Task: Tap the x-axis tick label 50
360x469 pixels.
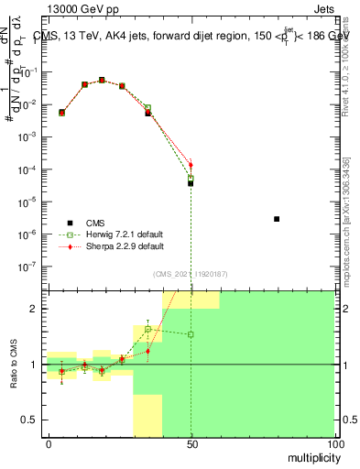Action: (191, 443)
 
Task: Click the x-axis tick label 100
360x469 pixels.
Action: (333, 443)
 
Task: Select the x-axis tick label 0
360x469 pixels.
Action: (49, 443)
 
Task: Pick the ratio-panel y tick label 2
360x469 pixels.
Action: (37, 309)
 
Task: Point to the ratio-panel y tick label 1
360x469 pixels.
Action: (37, 365)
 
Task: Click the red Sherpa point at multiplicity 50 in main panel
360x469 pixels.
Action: (191, 165)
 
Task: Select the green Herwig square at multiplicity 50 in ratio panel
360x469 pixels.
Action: (191, 334)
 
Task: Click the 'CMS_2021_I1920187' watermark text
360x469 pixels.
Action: (191, 273)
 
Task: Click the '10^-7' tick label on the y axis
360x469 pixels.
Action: (32, 266)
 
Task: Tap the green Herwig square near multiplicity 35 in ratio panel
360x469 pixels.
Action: (148, 329)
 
